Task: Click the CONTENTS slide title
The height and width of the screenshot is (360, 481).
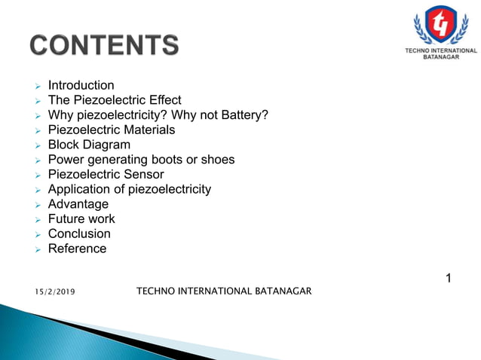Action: click(105, 44)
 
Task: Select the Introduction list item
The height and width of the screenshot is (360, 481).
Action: click(81, 85)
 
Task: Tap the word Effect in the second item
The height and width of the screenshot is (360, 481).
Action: click(164, 100)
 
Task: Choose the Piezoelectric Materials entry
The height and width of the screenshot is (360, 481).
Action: click(111, 130)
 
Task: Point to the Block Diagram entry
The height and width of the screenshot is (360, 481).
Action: click(88, 145)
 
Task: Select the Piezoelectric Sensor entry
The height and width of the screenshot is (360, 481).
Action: click(102, 174)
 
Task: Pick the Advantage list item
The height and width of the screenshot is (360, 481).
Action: click(78, 204)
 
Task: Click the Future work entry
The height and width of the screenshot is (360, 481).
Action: click(81, 219)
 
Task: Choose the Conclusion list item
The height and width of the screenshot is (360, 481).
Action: click(79, 233)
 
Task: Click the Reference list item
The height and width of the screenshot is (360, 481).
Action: click(77, 249)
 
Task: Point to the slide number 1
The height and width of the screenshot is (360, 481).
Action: click(449, 279)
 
